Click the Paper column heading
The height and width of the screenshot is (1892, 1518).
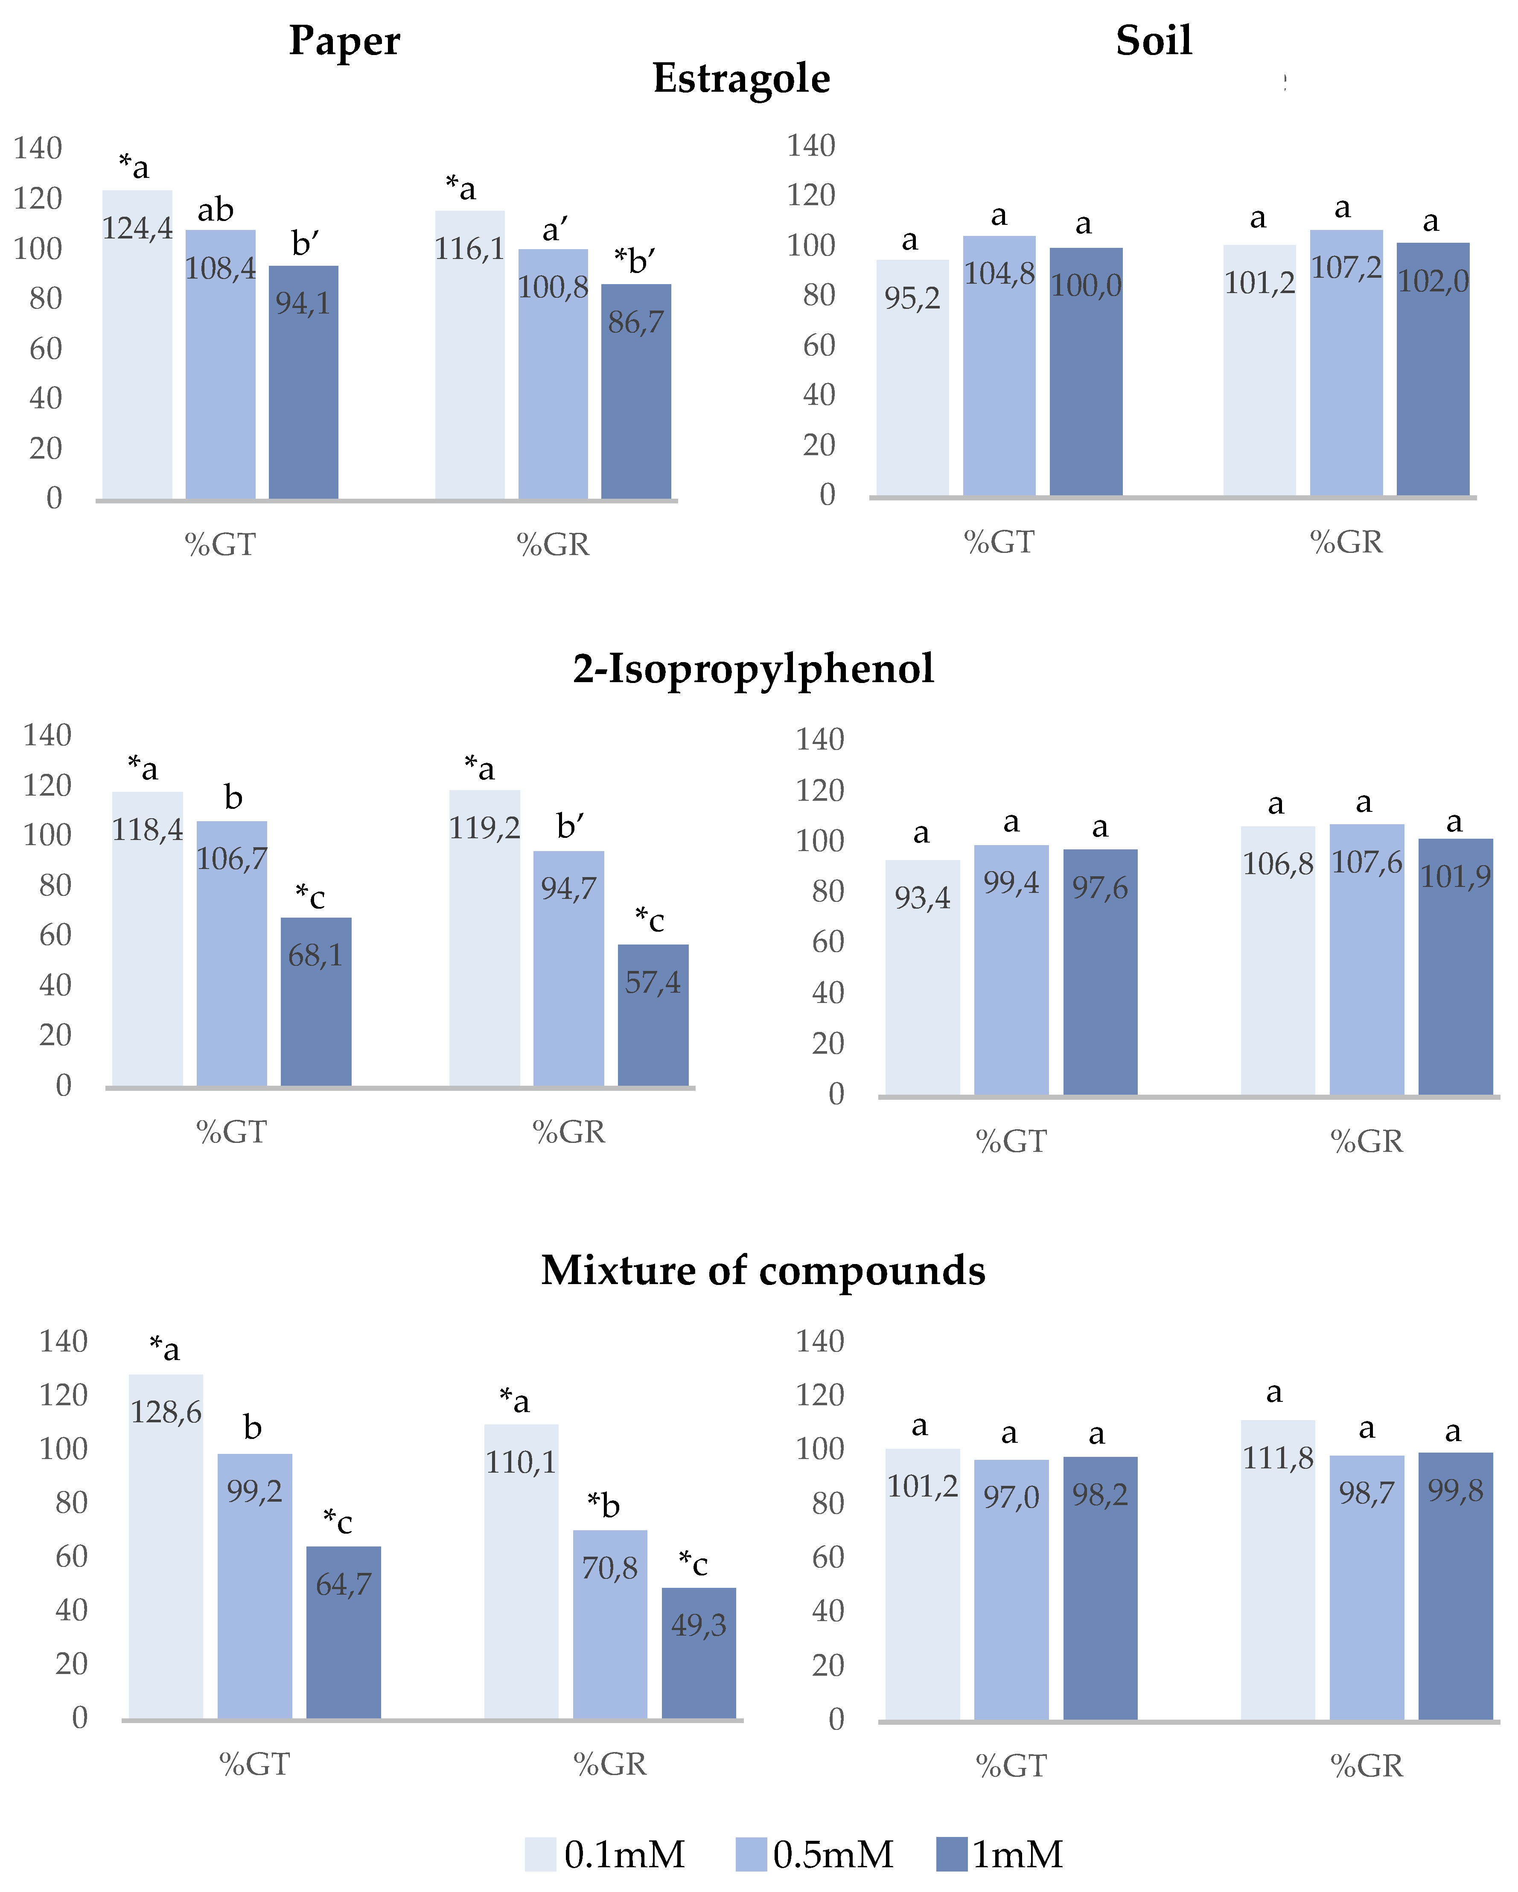pos(344,41)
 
